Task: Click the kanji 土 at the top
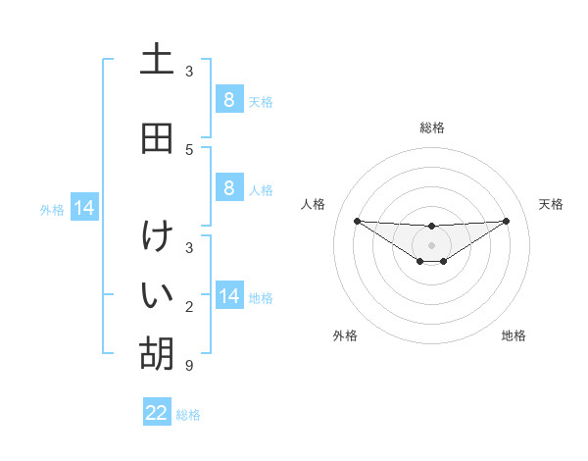(157, 59)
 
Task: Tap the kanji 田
(157, 138)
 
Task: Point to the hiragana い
(157, 293)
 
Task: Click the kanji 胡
(157, 352)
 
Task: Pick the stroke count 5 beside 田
(189, 149)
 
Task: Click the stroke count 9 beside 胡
(189, 367)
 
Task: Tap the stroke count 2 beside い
(189, 308)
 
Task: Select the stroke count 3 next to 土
(189, 71)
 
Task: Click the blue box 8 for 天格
(228, 99)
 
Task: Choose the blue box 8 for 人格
(228, 188)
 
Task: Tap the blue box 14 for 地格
(228, 296)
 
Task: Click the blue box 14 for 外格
(84, 208)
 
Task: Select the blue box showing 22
(157, 413)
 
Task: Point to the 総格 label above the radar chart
(432, 128)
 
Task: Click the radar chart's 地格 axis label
(514, 335)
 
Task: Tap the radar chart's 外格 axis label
(345, 335)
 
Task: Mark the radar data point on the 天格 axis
(506, 221)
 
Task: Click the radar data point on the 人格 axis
(357, 221)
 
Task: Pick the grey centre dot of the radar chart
(431, 245)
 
